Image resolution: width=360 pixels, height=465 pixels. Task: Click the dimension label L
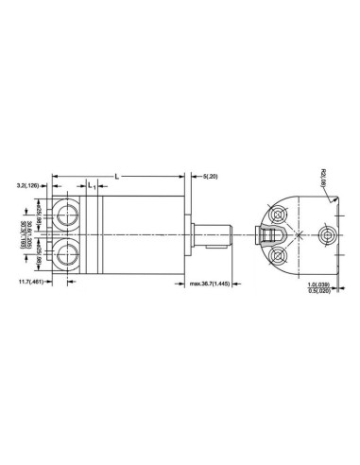point(117,176)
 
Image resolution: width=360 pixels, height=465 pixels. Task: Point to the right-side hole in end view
point(328,232)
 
